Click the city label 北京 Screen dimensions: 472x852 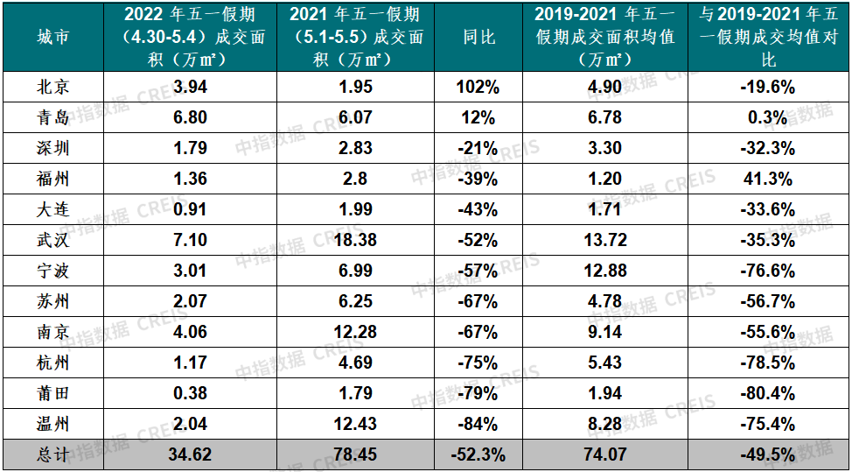pyautogui.click(x=52, y=88)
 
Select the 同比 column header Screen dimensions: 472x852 pyautogui.click(x=478, y=37)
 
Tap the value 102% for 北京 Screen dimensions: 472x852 pyautogui.click(x=478, y=88)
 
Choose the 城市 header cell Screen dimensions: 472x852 pyautogui.click(x=52, y=37)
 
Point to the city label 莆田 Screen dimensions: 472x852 pyautogui.click(x=52, y=394)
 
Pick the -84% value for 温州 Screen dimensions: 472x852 pyautogui.click(x=478, y=425)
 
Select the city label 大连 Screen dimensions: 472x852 pyautogui.click(x=52, y=210)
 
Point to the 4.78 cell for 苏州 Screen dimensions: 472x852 pyautogui.click(x=605, y=302)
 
